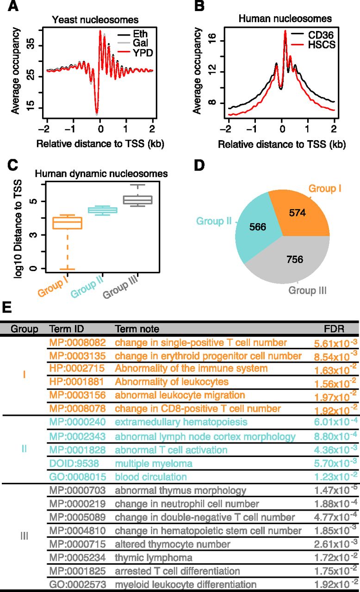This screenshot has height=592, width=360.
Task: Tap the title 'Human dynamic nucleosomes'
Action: [102, 174]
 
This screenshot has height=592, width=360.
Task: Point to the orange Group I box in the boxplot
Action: [68, 223]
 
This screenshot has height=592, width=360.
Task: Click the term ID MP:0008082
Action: [77, 343]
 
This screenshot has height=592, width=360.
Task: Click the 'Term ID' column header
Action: [65, 329]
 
